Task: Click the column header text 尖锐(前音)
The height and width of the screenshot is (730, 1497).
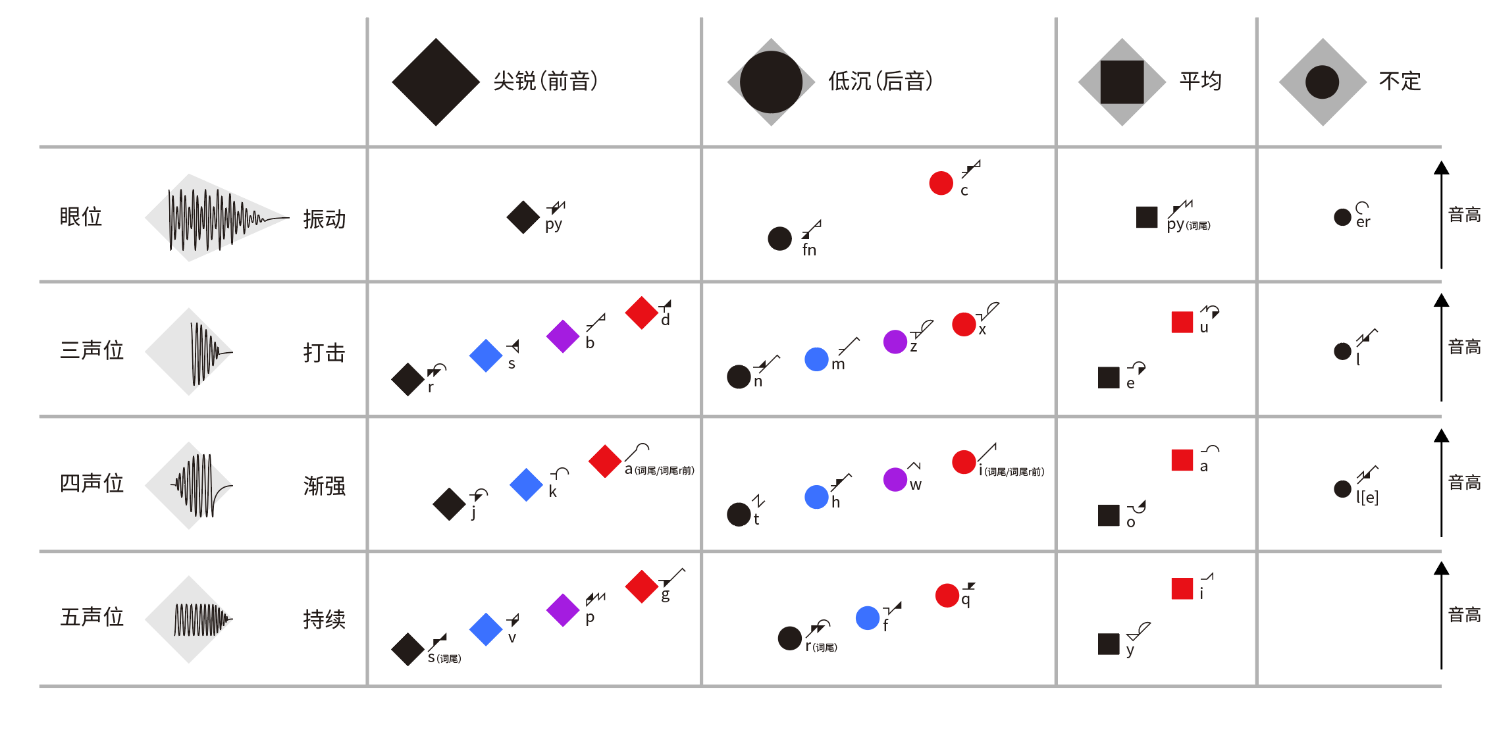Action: [546, 82]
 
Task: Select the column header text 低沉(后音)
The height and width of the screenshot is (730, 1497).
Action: [880, 82]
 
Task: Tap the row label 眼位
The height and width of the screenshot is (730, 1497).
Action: [81, 217]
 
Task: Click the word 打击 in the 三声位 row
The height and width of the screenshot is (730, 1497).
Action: [325, 353]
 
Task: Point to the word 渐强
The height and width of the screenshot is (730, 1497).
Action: [325, 486]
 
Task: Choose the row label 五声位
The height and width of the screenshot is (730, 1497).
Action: [92, 617]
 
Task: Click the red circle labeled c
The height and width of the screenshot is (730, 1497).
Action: [941, 183]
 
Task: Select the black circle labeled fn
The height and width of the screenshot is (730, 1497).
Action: [779, 238]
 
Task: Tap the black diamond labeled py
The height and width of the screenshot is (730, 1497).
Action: [523, 217]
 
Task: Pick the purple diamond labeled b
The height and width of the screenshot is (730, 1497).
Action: [563, 336]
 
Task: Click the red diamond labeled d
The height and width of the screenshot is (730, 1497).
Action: [642, 313]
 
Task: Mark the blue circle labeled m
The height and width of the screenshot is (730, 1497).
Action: [816, 359]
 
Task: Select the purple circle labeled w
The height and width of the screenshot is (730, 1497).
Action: [895, 479]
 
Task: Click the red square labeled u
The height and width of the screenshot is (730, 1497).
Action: [1182, 322]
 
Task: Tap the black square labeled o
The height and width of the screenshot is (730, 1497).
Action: [1109, 515]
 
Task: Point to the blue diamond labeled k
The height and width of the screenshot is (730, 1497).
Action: [526, 484]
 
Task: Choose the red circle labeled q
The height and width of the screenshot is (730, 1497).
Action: [947, 595]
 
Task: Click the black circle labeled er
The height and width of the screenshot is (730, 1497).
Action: [1342, 217]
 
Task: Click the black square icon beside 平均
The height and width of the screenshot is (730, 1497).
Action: [1122, 82]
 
